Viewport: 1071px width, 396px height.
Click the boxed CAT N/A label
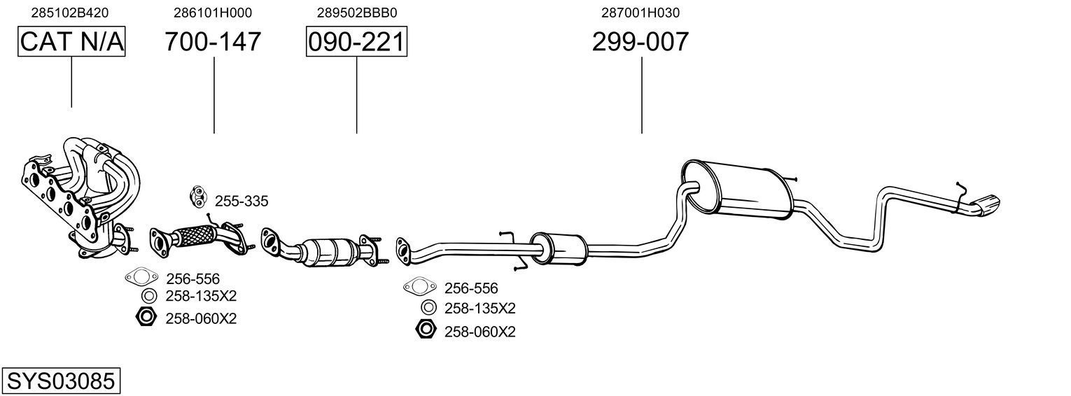coord(71,42)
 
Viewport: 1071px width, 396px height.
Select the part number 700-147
coord(213,42)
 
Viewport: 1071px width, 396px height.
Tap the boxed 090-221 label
coord(356,42)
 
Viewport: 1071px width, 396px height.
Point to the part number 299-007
coord(640,42)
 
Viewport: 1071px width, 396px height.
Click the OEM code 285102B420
coord(70,13)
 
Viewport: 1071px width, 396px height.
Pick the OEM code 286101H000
coord(213,13)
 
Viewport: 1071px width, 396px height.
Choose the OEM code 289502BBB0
coord(356,13)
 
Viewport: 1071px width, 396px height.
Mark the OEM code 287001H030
coord(640,13)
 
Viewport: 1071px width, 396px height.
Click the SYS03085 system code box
coord(60,381)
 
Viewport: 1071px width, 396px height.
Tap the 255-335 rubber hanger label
coord(241,201)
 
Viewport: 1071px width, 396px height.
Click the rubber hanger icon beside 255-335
coord(198,197)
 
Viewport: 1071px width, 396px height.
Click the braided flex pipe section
coord(192,234)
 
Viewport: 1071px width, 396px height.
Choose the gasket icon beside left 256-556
coord(141,278)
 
